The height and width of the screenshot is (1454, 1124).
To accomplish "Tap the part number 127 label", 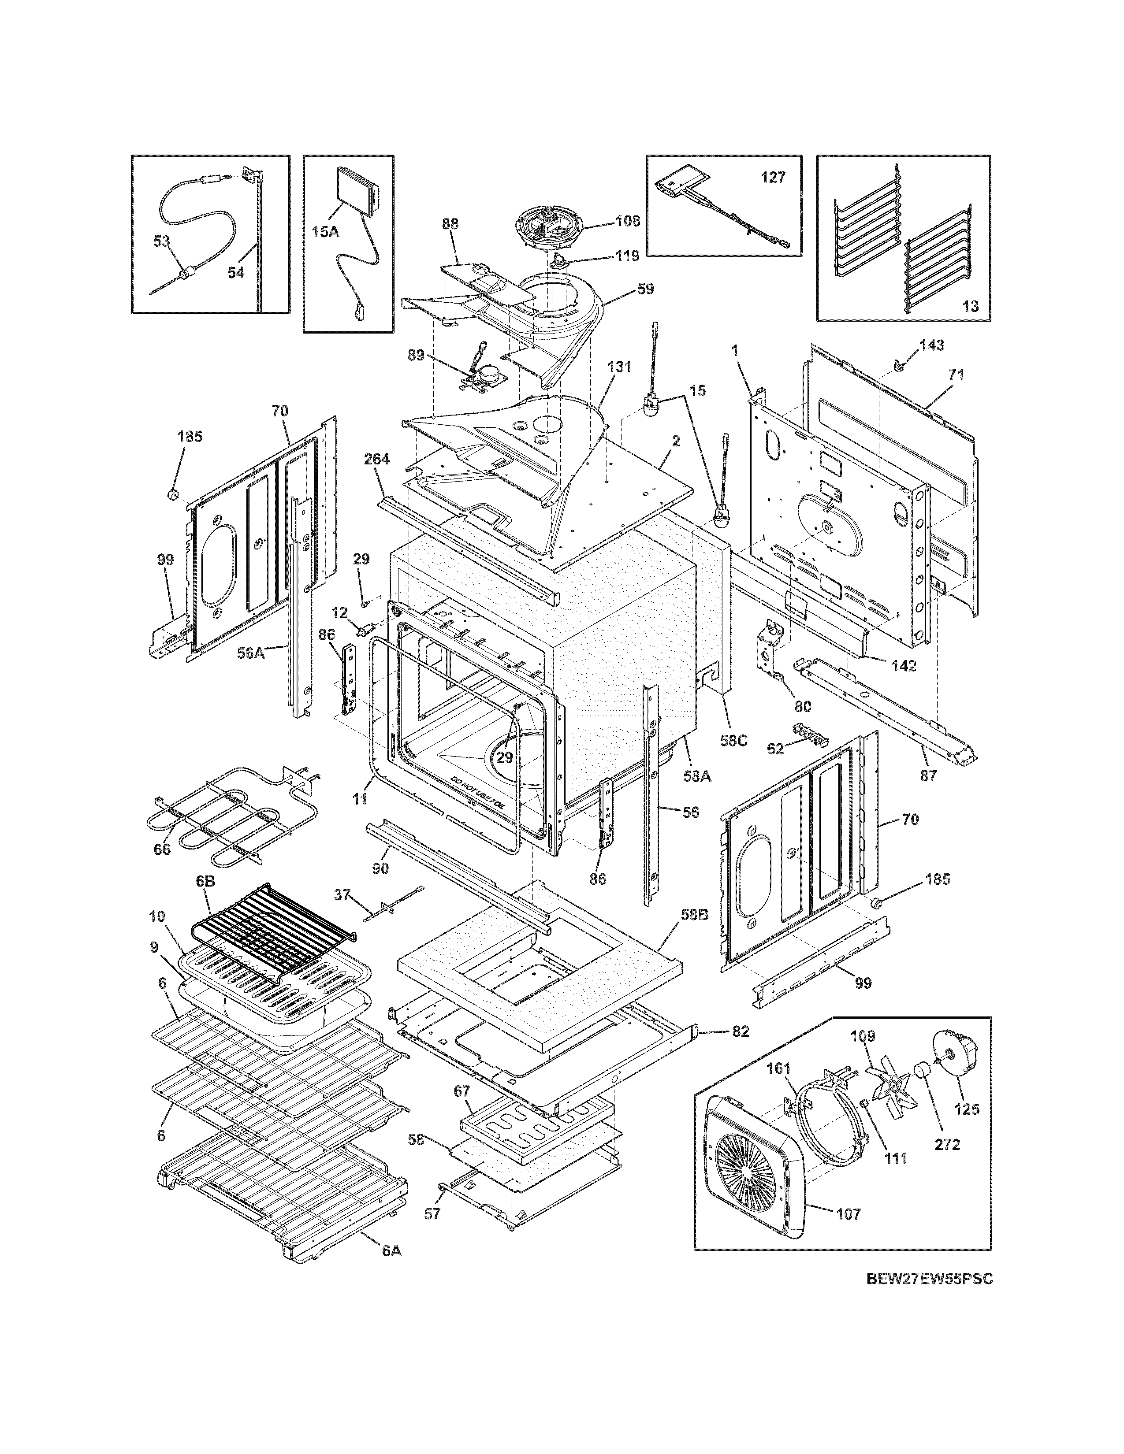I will [x=773, y=178].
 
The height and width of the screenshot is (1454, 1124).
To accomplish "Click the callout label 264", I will [x=377, y=459].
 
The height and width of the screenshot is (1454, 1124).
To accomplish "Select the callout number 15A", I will [x=325, y=232].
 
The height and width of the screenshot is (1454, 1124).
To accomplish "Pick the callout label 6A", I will [x=391, y=1251].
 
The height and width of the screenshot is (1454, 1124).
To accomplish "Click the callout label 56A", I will [x=251, y=654].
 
